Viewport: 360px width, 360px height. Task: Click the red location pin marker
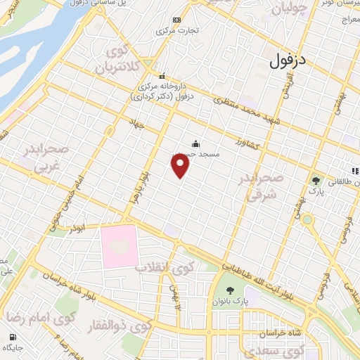(x=181, y=165)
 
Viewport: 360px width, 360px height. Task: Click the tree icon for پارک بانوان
(x=230, y=291)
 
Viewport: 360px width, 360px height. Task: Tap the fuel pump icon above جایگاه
(x=11, y=335)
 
